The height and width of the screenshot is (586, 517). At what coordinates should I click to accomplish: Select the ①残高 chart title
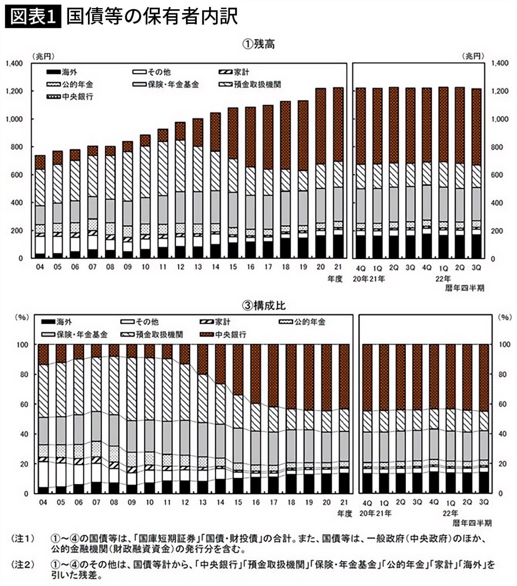pos(258,44)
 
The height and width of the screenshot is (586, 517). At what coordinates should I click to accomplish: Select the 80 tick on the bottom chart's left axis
pos(24,375)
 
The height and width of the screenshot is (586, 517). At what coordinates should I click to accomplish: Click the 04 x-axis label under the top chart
pos(40,267)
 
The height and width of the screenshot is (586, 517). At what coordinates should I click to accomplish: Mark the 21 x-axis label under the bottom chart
pos(344,502)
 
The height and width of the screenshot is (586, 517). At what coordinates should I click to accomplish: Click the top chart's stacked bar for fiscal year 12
pos(180,190)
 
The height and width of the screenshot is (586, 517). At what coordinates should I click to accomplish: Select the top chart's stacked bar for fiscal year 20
pos(321,174)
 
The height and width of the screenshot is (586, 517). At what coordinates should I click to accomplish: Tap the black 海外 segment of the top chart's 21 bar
pos(338,246)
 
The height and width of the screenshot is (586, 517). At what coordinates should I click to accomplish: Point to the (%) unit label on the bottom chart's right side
pos(505,317)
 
